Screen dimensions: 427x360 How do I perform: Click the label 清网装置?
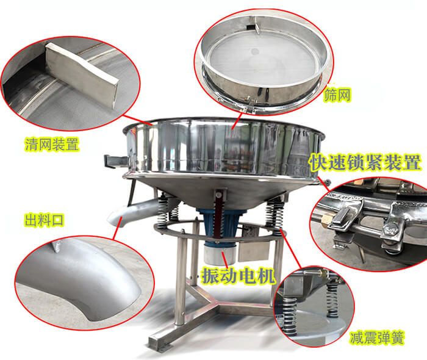pyautogui.click(x=52, y=145)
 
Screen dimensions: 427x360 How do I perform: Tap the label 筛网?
pyautogui.click(x=337, y=95)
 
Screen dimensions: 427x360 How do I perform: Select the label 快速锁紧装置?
pyautogui.click(x=365, y=162)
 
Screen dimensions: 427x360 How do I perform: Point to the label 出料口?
pyautogui.click(x=44, y=220)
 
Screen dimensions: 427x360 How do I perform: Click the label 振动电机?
pyautogui.click(x=238, y=276)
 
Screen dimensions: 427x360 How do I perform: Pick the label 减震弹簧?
pyautogui.click(x=377, y=338)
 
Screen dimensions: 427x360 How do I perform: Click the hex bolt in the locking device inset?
pyautogui.click(x=390, y=229)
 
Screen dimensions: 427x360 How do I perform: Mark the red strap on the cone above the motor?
pyautogui.click(x=218, y=215)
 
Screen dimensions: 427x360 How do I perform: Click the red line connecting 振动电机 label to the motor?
pyautogui.click(x=225, y=259)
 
